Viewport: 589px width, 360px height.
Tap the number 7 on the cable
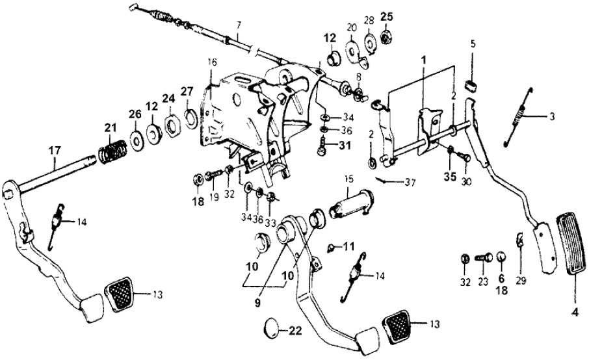coord(239,27)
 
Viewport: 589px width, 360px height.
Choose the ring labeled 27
coord(192,119)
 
